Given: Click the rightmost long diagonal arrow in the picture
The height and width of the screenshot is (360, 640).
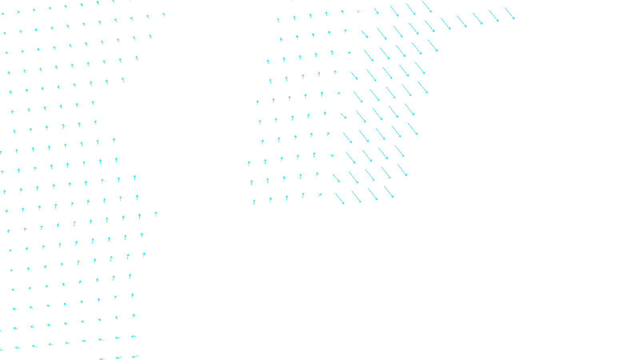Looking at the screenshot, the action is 509,13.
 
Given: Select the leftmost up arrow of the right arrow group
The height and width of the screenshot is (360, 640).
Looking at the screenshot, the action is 249,164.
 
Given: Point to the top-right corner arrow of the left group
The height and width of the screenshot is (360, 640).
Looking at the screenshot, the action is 164,15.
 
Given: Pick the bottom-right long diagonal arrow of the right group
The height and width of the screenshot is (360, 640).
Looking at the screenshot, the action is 389,192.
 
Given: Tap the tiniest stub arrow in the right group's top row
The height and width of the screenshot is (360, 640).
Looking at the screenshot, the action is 358,12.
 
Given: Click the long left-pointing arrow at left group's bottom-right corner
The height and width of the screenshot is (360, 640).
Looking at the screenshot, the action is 135,356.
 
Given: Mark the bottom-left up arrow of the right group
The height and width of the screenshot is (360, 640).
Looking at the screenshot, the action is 254,202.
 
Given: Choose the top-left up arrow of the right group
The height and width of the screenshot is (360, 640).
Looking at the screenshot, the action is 278,20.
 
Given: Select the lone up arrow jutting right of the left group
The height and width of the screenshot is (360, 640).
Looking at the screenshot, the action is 156,214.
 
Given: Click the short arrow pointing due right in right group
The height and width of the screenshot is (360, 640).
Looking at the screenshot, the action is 349,52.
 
